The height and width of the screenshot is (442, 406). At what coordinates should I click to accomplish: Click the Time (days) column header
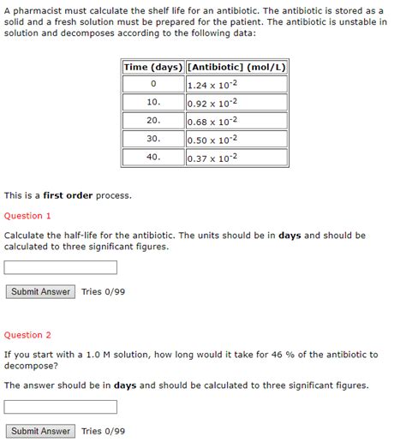[x=153, y=67]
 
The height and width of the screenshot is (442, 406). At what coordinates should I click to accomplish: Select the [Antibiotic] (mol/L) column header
[x=236, y=67]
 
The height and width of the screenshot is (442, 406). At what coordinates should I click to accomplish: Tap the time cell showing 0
[x=153, y=84]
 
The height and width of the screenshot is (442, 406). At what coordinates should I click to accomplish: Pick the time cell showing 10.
[x=153, y=102]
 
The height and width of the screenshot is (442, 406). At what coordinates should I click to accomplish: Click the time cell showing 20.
[x=153, y=121]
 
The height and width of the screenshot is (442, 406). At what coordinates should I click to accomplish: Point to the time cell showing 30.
[x=153, y=139]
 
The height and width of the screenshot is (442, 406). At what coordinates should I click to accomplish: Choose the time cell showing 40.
[x=153, y=158]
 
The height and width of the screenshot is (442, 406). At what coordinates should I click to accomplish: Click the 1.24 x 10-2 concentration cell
[x=236, y=84]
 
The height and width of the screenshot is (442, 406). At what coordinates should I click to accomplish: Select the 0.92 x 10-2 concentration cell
[x=236, y=102]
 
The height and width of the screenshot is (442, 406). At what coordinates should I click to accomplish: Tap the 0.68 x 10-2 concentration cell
[x=236, y=121]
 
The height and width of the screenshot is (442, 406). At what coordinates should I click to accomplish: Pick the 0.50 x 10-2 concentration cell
[x=236, y=139]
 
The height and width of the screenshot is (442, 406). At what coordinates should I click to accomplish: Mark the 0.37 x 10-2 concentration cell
[x=236, y=158]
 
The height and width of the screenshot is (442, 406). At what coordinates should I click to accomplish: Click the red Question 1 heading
[x=27, y=216]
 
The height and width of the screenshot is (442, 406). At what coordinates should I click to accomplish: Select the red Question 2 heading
[x=27, y=335]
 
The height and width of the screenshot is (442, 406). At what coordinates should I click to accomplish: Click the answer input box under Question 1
[x=61, y=268]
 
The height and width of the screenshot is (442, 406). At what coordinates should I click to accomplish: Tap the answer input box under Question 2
[x=61, y=407]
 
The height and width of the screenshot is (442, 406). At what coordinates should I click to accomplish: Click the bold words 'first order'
[x=68, y=196]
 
